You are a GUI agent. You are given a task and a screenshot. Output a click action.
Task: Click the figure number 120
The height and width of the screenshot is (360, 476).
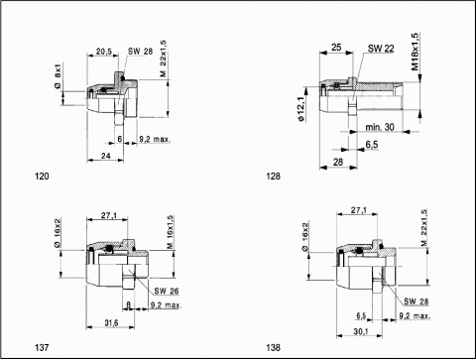pos(42,177)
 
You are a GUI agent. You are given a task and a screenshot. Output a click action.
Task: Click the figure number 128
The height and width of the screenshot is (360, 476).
pos(273,177)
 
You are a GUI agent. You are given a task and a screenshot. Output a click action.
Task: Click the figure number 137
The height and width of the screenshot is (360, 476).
pos(42,348)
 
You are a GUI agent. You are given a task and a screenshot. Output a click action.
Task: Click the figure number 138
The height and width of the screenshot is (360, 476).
pos(273,348)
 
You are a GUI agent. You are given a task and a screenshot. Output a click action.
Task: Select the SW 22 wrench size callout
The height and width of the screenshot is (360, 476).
pos(381,49)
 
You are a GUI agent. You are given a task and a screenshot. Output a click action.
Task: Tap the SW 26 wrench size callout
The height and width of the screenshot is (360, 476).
pos(167,291)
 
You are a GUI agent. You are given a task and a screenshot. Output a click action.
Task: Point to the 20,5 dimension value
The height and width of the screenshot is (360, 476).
pos(104,52)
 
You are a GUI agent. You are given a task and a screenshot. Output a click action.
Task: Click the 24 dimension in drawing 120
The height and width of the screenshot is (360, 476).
pos(106,156)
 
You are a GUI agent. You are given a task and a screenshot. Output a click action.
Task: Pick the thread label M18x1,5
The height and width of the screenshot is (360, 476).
pos(415,52)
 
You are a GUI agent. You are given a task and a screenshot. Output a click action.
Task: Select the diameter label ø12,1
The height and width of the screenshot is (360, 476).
pos(300,109)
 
